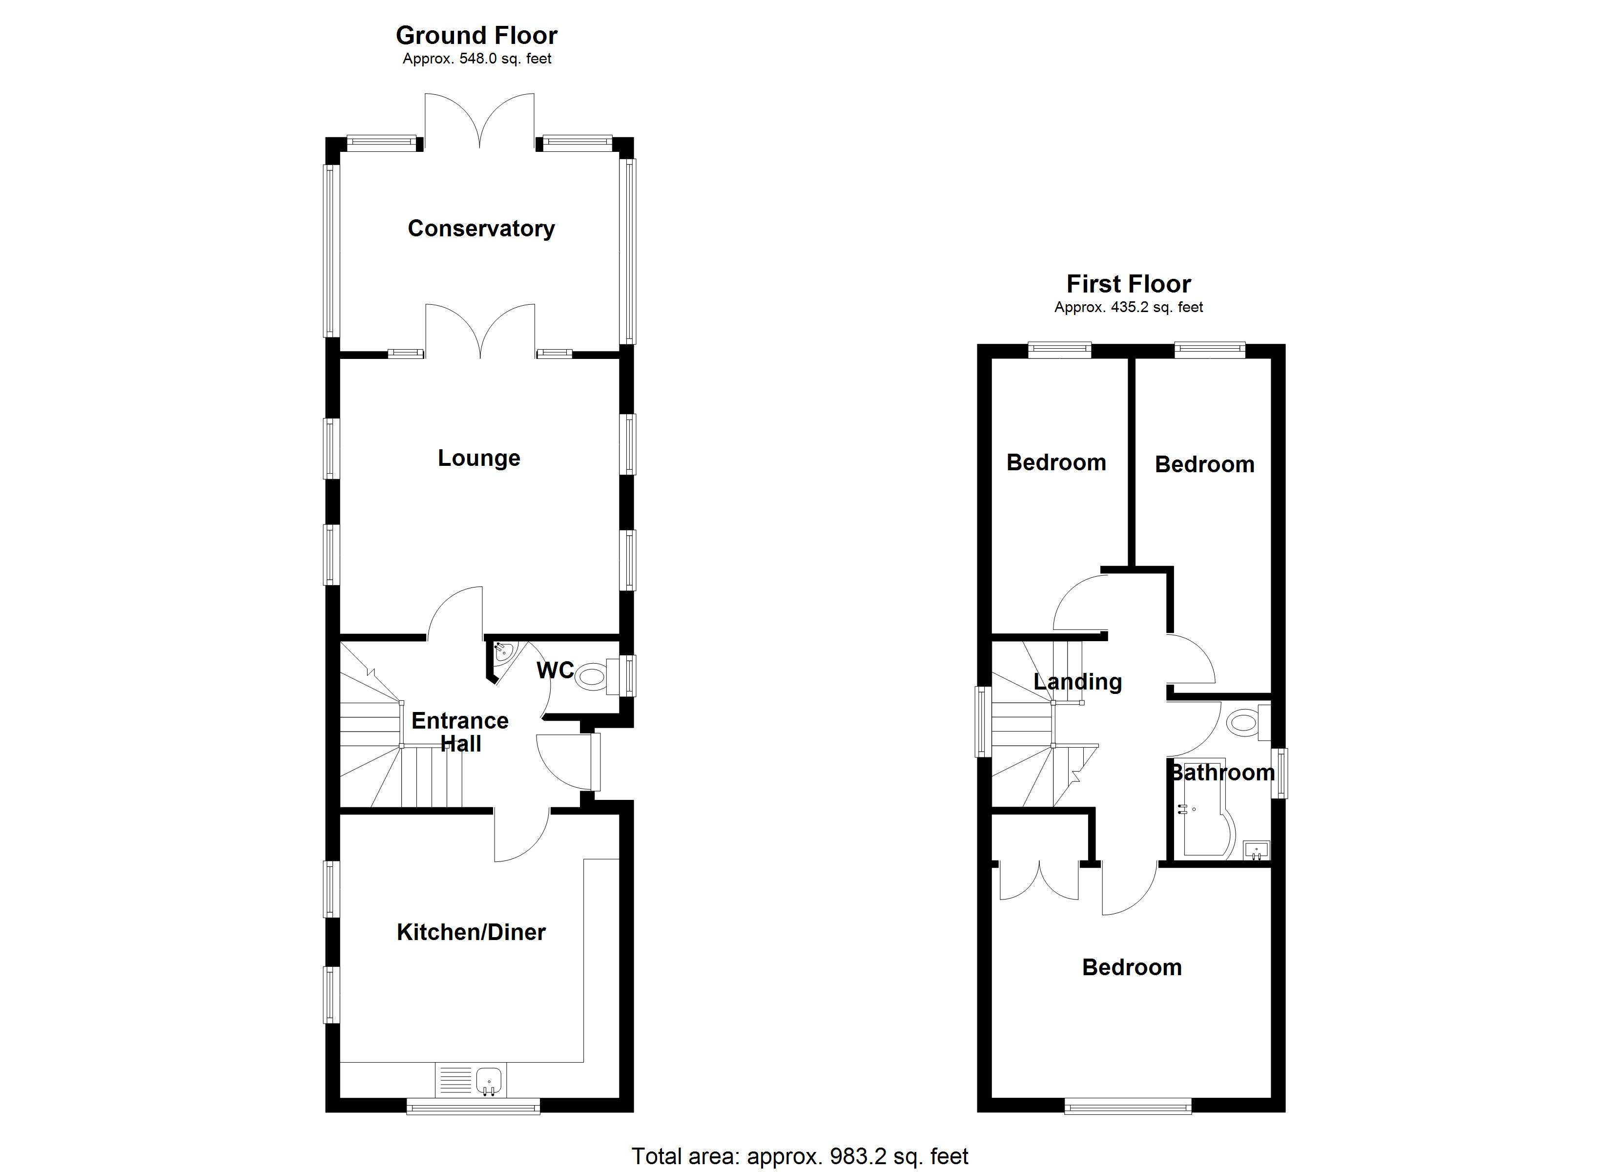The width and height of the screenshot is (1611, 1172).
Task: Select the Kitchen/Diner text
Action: [471, 932]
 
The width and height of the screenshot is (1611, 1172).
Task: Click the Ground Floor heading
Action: [476, 35]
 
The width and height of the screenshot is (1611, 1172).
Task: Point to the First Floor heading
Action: [1128, 284]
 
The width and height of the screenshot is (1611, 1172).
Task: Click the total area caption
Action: [800, 1156]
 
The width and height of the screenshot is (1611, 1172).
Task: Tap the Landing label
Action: [1077, 682]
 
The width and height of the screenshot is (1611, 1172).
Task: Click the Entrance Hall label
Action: [460, 732]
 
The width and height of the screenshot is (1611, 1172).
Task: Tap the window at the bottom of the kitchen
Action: [473, 1106]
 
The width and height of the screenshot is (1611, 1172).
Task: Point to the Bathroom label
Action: [1222, 773]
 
